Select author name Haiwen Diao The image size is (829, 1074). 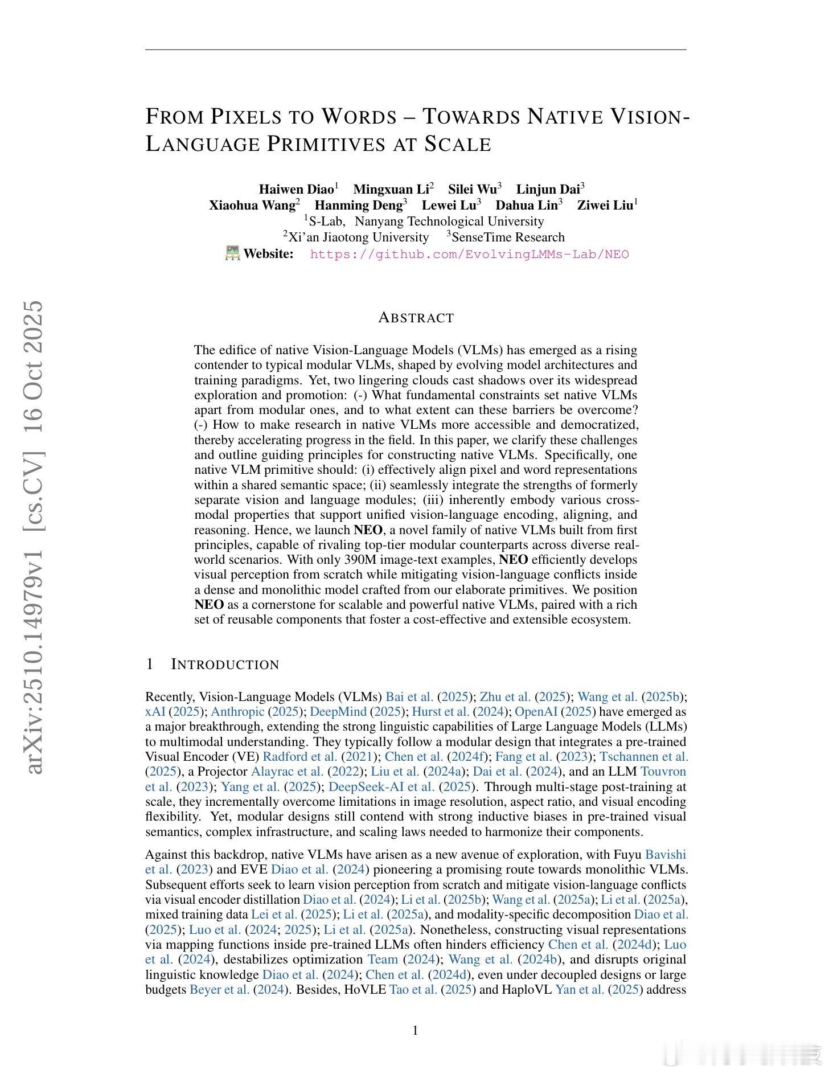pos(296,189)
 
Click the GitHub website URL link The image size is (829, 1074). pos(469,255)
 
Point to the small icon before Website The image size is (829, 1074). pos(233,253)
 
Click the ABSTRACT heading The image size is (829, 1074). pos(416,318)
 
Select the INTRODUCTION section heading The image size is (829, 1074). pos(225,665)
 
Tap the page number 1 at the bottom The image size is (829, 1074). pos(415,1030)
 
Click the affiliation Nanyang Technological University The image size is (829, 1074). pos(449,222)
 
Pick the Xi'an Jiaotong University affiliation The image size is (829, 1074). pos(358,237)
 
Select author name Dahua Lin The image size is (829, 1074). pos(526,206)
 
